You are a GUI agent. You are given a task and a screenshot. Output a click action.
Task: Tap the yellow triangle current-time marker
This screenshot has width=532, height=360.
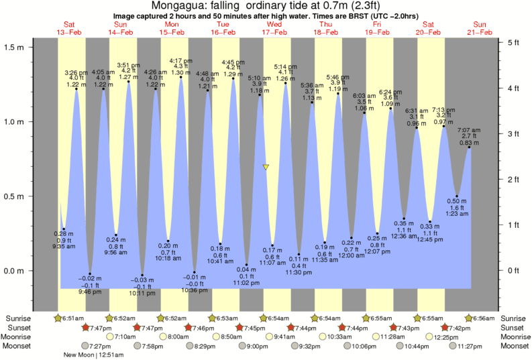[266, 167]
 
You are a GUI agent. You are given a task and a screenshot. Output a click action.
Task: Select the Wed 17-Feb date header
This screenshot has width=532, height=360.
[275, 28]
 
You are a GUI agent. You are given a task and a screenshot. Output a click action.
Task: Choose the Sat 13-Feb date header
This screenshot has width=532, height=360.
[68, 28]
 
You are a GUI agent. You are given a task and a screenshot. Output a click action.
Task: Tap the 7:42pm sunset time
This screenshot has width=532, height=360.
[462, 327]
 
